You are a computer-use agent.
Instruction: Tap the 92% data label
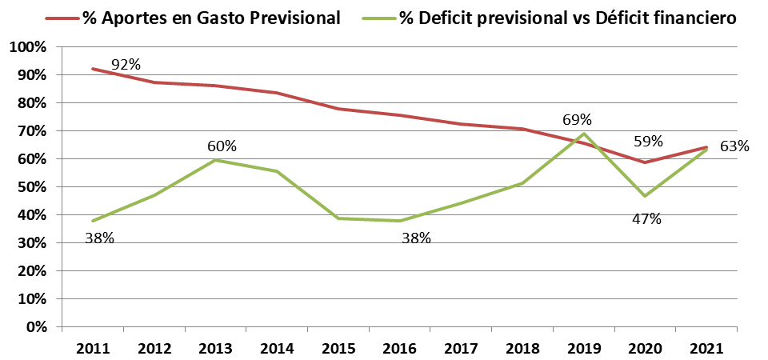click(x=126, y=64)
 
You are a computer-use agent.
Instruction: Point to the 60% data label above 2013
click(x=222, y=146)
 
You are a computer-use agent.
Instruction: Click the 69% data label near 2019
click(x=577, y=120)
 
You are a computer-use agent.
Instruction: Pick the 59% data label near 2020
click(x=648, y=142)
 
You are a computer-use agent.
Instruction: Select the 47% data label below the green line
click(x=646, y=218)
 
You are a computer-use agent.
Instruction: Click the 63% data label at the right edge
click(x=734, y=146)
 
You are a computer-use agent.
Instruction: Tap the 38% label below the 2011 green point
click(x=99, y=238)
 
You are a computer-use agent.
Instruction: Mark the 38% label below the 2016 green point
click(x=416, y=238)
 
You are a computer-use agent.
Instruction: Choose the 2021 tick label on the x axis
click(x=706, y=349)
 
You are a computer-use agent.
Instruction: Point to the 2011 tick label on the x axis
click(x=92, y=349)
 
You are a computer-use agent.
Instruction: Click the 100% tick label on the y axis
click(x=28, y=47)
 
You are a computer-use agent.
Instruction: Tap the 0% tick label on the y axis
click(x=35, y=327)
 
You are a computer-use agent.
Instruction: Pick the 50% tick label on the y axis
click(x=31, y=187)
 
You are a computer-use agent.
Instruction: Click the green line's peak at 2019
click(x=585, y=134)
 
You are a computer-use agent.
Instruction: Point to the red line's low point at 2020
click(x=645, y=162)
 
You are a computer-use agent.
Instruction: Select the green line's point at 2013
click(x=215, y=160)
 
